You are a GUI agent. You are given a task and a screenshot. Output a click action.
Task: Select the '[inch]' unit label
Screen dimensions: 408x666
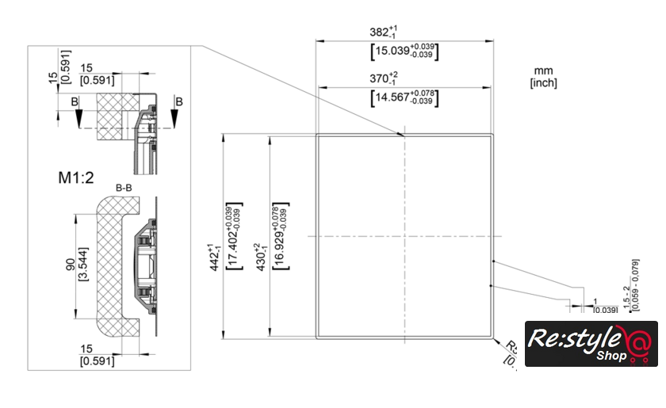(x=543, y=82)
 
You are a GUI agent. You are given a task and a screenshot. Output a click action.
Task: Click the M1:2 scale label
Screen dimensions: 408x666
(x=76, y=177)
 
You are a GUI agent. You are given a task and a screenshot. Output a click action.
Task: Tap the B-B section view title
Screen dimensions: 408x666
(x=124, y=188)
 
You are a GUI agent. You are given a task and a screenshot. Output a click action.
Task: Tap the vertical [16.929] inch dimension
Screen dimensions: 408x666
(x=278, y=237)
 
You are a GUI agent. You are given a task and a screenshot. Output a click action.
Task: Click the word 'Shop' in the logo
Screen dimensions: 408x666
(x=610, y=355)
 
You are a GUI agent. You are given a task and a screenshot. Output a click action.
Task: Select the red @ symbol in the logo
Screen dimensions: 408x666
(x=638, y=345)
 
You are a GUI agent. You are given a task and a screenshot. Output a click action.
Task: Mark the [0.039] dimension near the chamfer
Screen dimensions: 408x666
(x=605, y=309)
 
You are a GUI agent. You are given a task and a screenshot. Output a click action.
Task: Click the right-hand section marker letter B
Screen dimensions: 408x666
(x=179, y=101)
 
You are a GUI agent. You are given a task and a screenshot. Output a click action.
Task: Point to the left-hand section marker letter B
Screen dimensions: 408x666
(x=75, y=101)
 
